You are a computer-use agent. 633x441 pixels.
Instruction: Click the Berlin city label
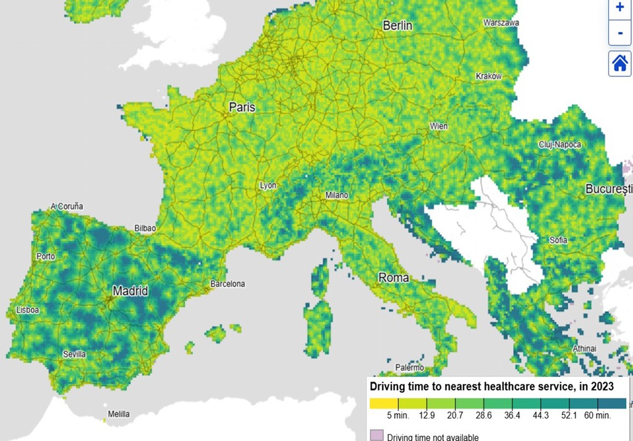pos(397,26)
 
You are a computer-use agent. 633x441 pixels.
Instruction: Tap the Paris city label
pos(242,107)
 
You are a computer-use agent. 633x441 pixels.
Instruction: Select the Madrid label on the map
pos(130,291)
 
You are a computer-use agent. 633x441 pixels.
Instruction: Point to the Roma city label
pos(394,278)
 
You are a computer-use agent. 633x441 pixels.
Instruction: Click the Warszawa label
pos(501,23)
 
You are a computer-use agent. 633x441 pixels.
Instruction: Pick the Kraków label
pos(488,76)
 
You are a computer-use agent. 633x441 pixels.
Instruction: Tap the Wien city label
pos(439,127)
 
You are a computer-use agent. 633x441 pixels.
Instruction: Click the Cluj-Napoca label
pos(559,145)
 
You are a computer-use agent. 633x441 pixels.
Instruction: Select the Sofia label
pos(559,240)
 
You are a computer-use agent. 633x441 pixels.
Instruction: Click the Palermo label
pos(410,367)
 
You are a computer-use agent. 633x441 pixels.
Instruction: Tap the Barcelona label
pos(227,284)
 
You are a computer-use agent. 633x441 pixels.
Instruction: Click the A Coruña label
pos(67,206)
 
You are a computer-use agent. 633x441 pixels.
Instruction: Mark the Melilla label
pos(119,414)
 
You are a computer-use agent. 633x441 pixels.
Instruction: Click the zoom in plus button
pos(620,7)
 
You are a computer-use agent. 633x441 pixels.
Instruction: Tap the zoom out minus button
pos(620,32)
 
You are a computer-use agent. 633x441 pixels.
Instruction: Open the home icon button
pos(620,63)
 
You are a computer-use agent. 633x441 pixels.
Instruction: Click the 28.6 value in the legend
pos(483,416)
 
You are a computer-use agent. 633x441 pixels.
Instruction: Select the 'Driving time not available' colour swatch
pos(376,437)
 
